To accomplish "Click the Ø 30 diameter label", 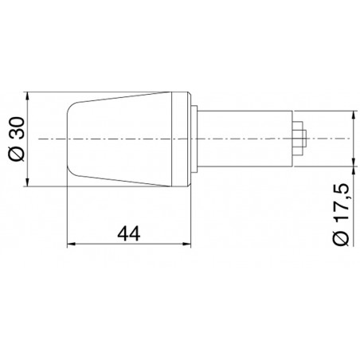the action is [x=18, y=139].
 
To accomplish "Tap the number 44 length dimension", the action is [x=129, y=233].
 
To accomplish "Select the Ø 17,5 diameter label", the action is [x=340, y=214].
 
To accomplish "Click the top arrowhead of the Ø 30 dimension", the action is [x=27, y=96].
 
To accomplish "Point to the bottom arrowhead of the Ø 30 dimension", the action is [x=27, y=182].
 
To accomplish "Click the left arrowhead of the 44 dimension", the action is [x=72, y=244].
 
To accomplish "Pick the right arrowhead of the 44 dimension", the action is [x=186, y=244].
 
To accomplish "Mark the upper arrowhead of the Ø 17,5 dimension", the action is [x=354, y=115].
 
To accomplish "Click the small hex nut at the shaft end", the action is [x=299, y=139].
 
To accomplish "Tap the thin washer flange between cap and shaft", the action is [x=194, y=139].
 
